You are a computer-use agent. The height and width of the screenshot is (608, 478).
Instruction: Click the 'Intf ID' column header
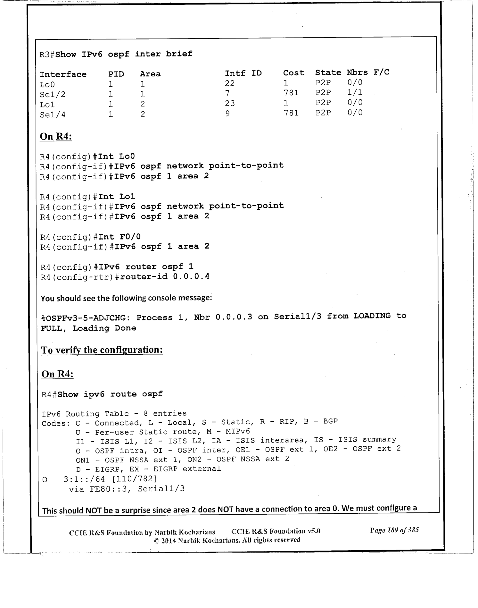click(x=243, y=73)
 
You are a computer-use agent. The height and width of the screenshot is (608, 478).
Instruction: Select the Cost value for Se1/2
click(x=291, y=93)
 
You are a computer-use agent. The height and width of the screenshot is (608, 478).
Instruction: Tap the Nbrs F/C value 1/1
click(x=355, y=93)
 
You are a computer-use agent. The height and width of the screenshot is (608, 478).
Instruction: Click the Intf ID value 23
click(x=230, y=103)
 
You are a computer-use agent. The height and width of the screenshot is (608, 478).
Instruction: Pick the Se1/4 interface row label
click(x=53, y=114)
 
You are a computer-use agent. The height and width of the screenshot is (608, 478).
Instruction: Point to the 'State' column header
click(x=328, y=73)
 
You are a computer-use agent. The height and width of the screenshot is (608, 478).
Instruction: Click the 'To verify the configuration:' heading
click(x=102, y=350)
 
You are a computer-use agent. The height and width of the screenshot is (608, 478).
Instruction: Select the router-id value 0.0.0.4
click(x=191, y=276)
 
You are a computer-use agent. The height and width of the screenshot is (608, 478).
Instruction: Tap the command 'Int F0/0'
click(x=119, y=237)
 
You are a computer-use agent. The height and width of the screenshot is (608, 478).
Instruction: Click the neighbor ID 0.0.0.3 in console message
click(x=234, y=317)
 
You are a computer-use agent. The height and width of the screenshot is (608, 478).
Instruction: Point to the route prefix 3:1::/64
click(x=85, y=479)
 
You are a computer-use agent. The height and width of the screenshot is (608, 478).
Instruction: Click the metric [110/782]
click(x=135, y=479)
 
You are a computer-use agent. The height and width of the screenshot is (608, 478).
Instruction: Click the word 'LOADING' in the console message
click(x=372, y=316)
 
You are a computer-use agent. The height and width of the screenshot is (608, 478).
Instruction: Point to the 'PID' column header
click(x=116, y=74)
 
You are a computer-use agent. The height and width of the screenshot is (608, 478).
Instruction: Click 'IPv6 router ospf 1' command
click(x=146, y=267)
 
